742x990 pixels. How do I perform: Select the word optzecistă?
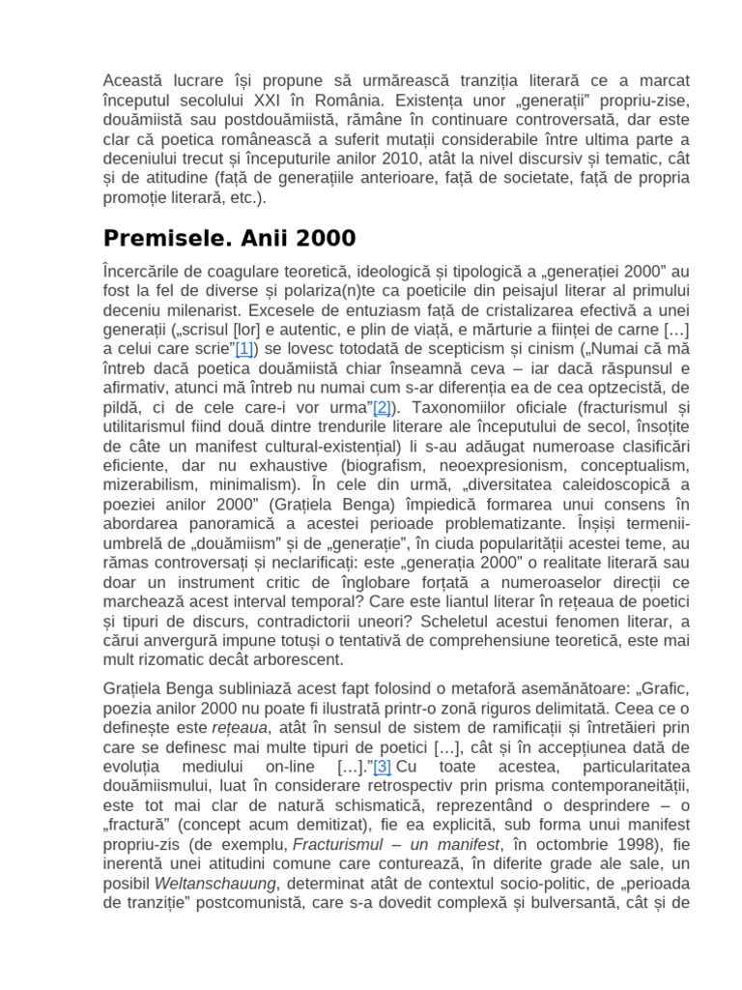(x=594, y=388)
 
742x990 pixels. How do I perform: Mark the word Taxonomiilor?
(x=448, y=408)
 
